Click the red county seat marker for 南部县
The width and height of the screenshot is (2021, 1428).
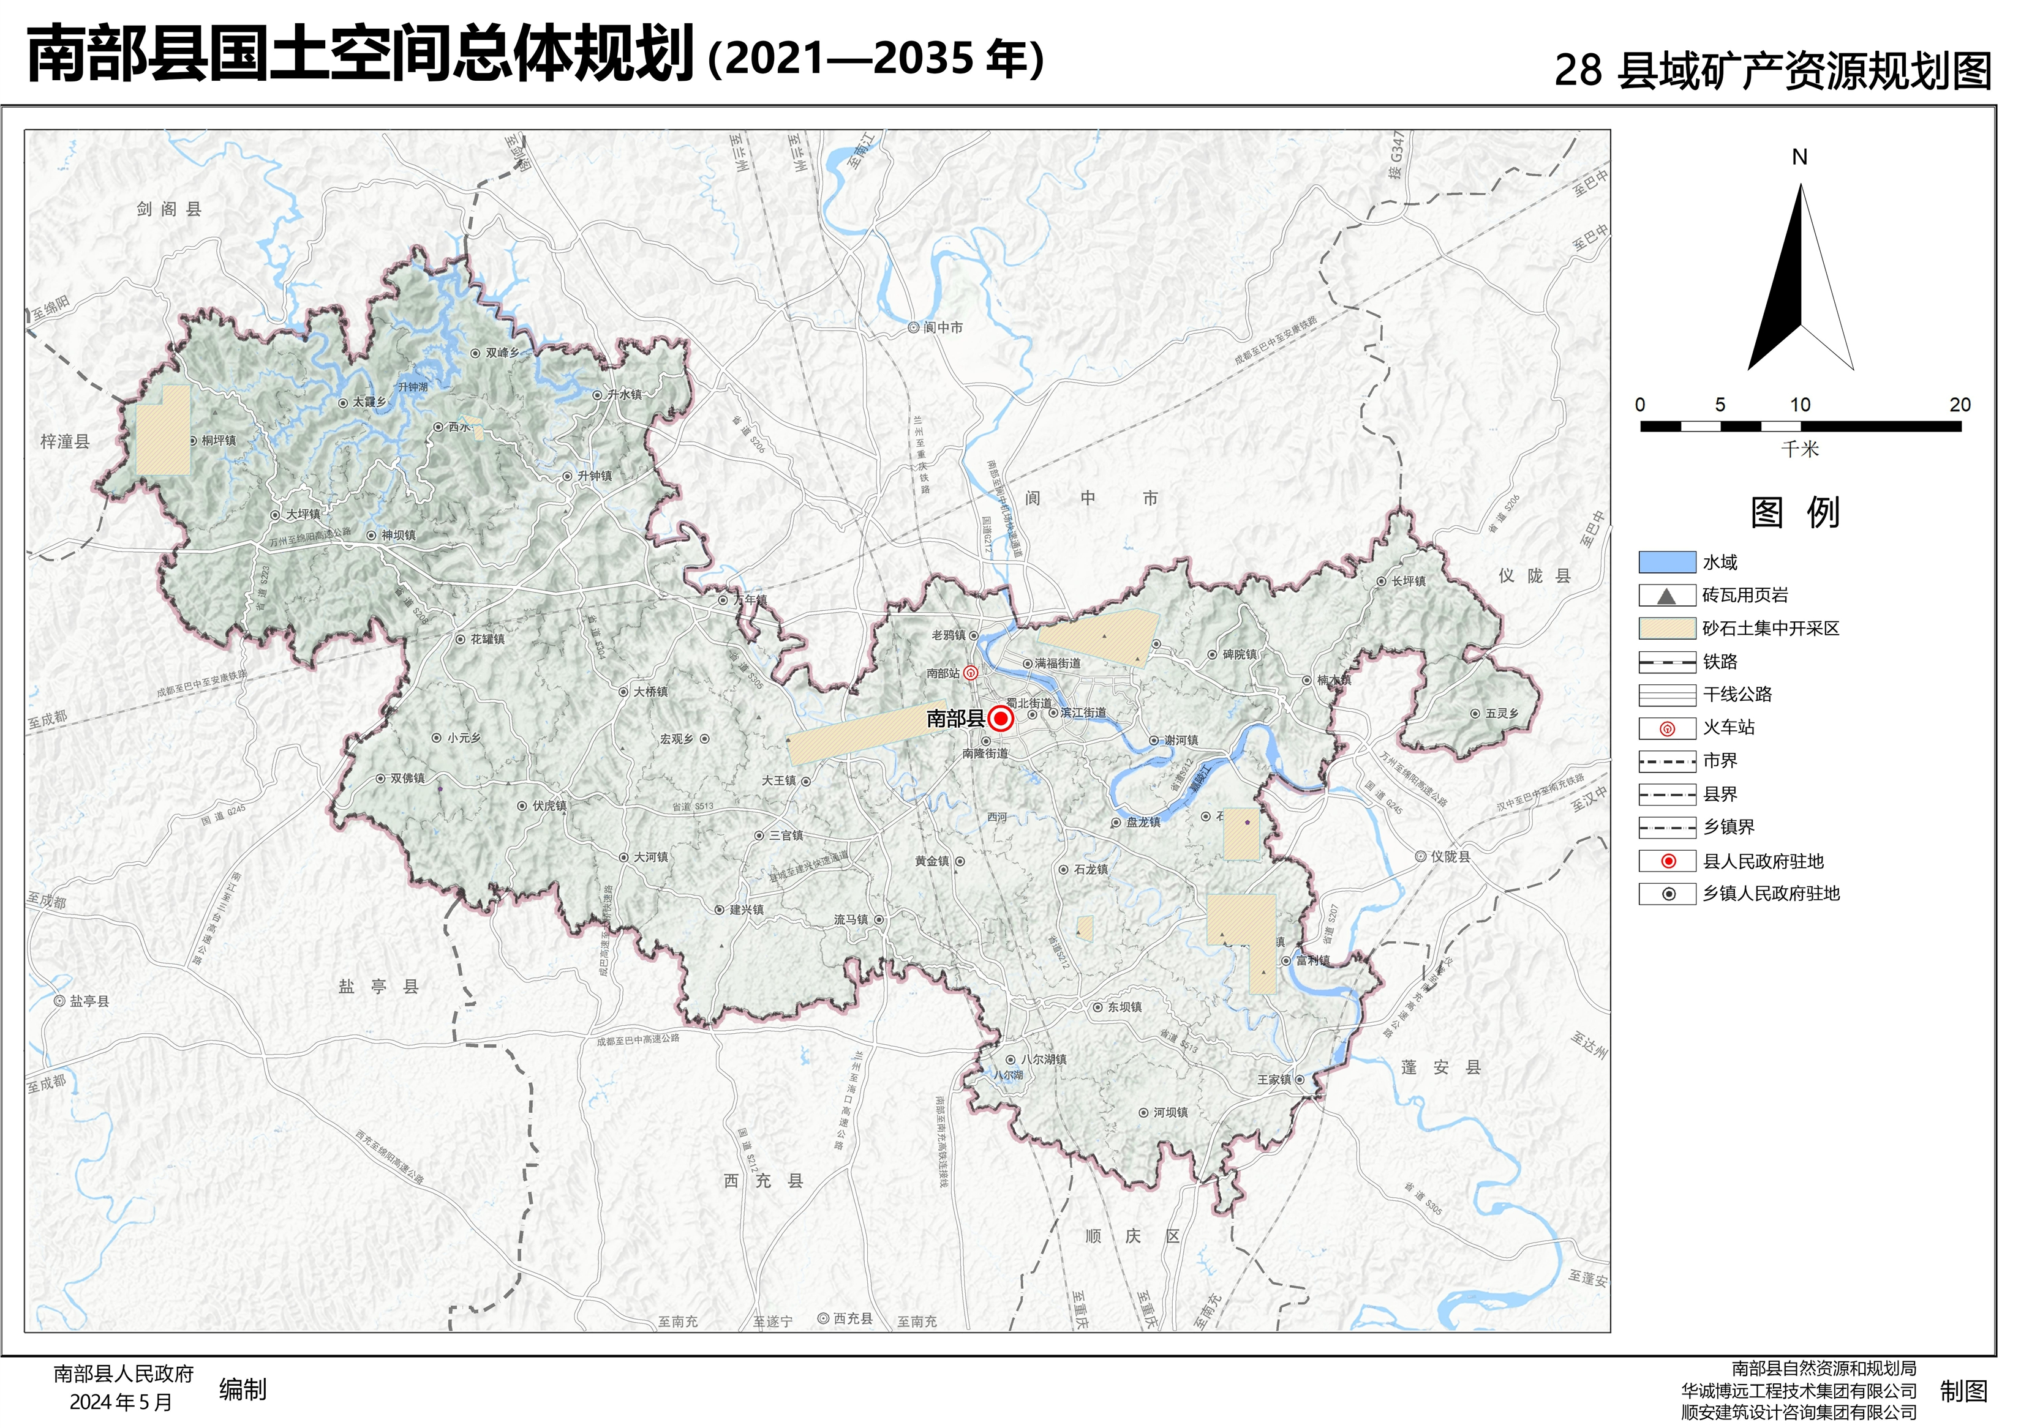tap(1000, 719)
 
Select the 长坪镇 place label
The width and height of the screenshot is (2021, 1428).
tap(1409, 581)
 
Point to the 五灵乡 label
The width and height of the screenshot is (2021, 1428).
tap(1502, 714)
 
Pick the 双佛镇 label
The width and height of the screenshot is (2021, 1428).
tap(407, 779)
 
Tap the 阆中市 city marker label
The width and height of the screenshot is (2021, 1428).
tap(943, 327)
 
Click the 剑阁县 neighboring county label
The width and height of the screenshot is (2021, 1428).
tap(169, 209)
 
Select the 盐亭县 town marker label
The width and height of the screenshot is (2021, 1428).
tap(89, 1001)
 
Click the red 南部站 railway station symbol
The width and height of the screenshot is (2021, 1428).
tap(970, 674)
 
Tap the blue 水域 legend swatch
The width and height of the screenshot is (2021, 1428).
tap(1666, 563)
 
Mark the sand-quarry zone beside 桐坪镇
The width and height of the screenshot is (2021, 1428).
tap(163, 430)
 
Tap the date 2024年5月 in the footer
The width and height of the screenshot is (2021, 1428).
tap(121, 1402)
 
